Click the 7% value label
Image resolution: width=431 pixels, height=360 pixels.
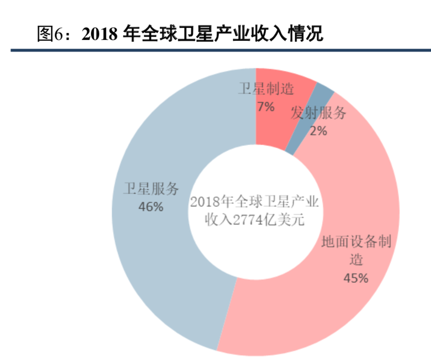[x=266, y=106]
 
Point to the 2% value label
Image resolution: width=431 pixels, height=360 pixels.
[x=318, y=130]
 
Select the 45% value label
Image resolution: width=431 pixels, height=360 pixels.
[x=356, y=278]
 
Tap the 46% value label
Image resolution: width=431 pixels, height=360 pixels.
[x=151, y=207]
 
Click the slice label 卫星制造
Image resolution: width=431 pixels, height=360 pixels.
[x=267, y=89]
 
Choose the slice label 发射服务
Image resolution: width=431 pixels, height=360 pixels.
[x=318, y=113]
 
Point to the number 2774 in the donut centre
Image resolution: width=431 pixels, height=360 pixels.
[x=250, y=220]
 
